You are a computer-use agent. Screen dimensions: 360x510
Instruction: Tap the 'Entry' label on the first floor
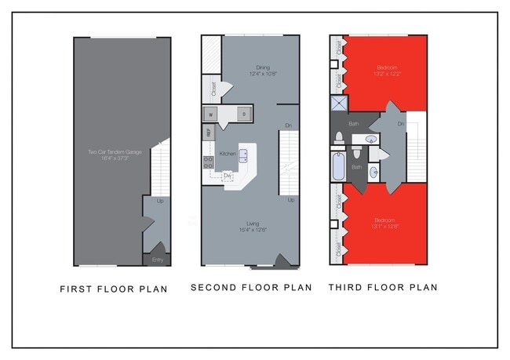coord(156,259)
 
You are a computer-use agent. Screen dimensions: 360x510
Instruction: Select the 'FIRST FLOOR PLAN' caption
coord(114,289)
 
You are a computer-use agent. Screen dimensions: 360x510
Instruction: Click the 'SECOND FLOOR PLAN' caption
coord(251,288)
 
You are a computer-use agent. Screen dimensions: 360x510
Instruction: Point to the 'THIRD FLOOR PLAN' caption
coord(383,288)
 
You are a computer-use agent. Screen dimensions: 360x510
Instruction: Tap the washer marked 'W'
coord(210,115)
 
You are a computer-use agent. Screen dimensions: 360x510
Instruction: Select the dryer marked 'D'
coord(243,115)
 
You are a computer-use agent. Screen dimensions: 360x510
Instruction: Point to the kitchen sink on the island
coord(244,154)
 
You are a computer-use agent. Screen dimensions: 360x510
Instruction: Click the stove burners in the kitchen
coord(209,163)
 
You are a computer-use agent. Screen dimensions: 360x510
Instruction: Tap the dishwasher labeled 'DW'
coord(228,176)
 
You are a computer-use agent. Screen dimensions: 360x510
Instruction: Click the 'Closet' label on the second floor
coord(213,88)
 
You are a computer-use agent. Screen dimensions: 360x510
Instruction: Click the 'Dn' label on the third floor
coord(401,124)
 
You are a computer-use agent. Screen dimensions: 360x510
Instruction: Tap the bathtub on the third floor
coord(339,167)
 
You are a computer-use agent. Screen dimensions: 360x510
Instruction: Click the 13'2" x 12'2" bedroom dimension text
coord(384,74)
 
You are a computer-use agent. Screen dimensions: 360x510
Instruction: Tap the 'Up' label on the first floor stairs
coord(161,202)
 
